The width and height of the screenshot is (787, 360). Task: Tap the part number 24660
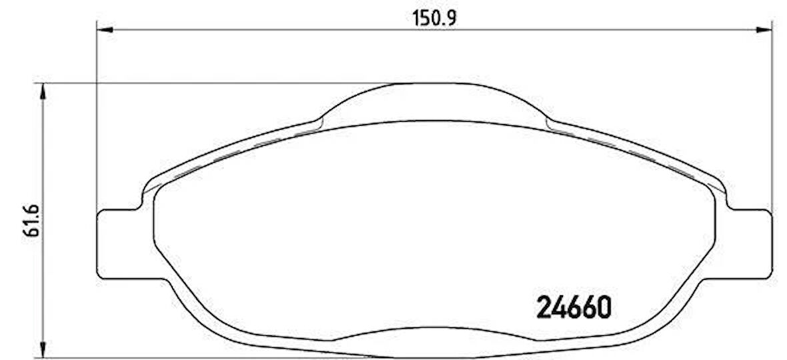coord(574,308)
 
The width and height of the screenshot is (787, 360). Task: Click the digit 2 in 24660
coord(544,308)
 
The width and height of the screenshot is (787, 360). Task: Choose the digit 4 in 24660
coord(558,308)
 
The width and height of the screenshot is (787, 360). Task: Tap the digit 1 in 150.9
coord(416,18)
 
